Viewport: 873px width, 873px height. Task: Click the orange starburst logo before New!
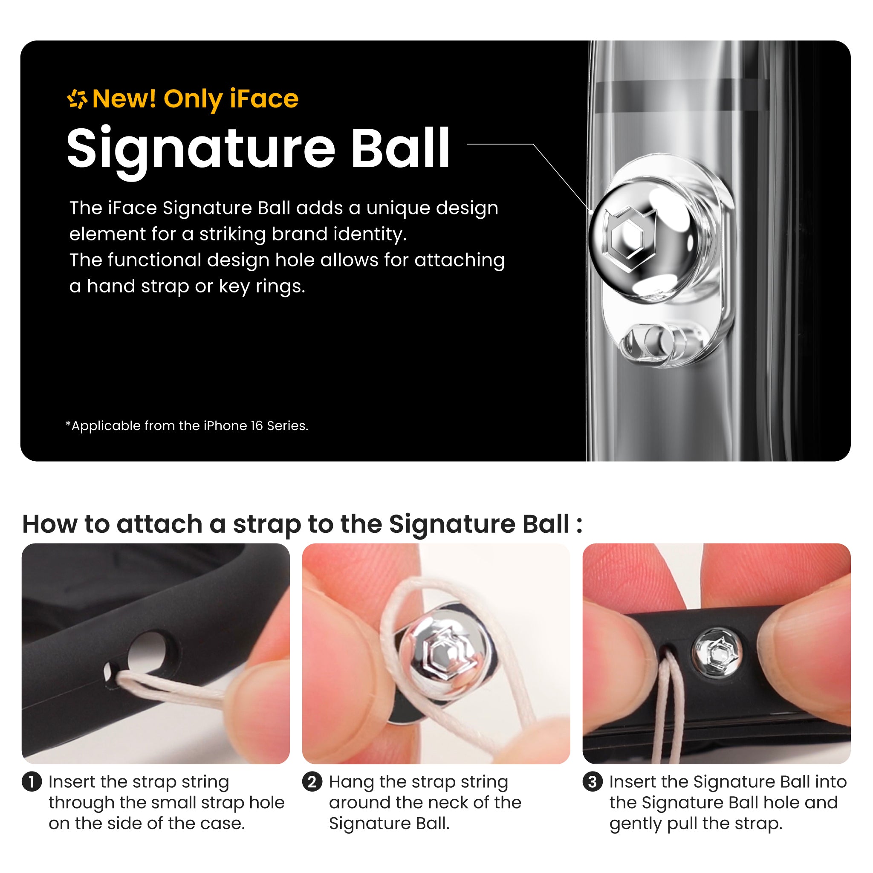(x=77, y=99)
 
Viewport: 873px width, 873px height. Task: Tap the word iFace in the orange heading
(x=264, y=98)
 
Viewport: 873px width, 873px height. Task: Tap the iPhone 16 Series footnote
(x=187, y=426)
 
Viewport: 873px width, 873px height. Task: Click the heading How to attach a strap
(x=302, y=524)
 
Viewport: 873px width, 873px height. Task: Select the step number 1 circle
(x=32, y=782)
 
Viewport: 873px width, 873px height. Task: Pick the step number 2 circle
(x=312, y=782)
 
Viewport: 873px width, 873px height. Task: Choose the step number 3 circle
(x=593, y=782)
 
